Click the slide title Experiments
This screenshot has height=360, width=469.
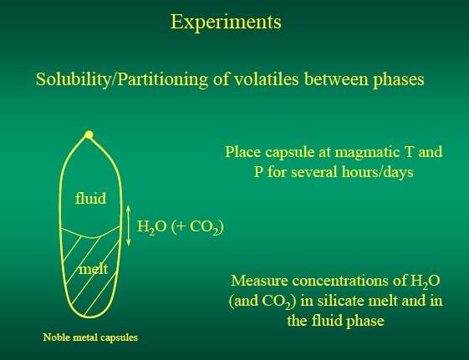[x=226, y=22]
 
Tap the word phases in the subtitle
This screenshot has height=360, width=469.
[x=399, y=79]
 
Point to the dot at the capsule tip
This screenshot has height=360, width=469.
[x=89, y=134]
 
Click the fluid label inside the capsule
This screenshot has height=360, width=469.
[x=90, y=198]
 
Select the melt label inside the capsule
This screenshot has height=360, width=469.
[x=94, y=269]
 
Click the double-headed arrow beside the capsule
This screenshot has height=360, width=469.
[x=129, y=226]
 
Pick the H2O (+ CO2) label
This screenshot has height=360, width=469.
[x=181, y=227]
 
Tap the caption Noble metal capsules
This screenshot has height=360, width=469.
[x=90, y=337]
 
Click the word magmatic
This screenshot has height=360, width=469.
[x=368, y=152]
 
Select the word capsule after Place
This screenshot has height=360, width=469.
[x=288, y=152]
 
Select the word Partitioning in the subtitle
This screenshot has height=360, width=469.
[x=162, y=79]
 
